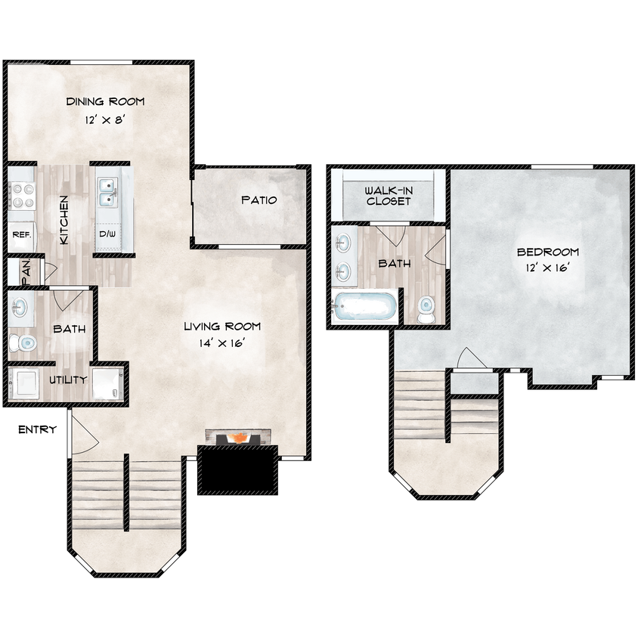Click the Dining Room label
105,102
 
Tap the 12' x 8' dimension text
105,120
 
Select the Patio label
259,200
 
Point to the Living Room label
222,327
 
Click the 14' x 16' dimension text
222,344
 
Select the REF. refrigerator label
20,235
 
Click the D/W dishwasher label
107,235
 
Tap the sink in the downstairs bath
20,308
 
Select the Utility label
68,380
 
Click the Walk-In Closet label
389,196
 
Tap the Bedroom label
547,252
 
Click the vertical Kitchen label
65,220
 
